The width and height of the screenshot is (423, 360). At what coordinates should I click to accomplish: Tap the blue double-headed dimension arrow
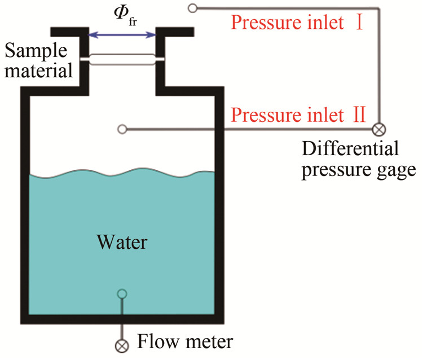(122, 35)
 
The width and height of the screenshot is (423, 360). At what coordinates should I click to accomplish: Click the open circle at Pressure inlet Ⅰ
(193, 8)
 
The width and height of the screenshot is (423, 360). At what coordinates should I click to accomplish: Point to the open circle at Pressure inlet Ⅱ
(121, 129)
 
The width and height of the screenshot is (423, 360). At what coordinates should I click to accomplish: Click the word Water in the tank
(122, 243)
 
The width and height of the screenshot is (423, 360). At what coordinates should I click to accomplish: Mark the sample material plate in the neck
(122, 59)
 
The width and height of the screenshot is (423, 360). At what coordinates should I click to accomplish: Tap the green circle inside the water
(121, 293)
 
